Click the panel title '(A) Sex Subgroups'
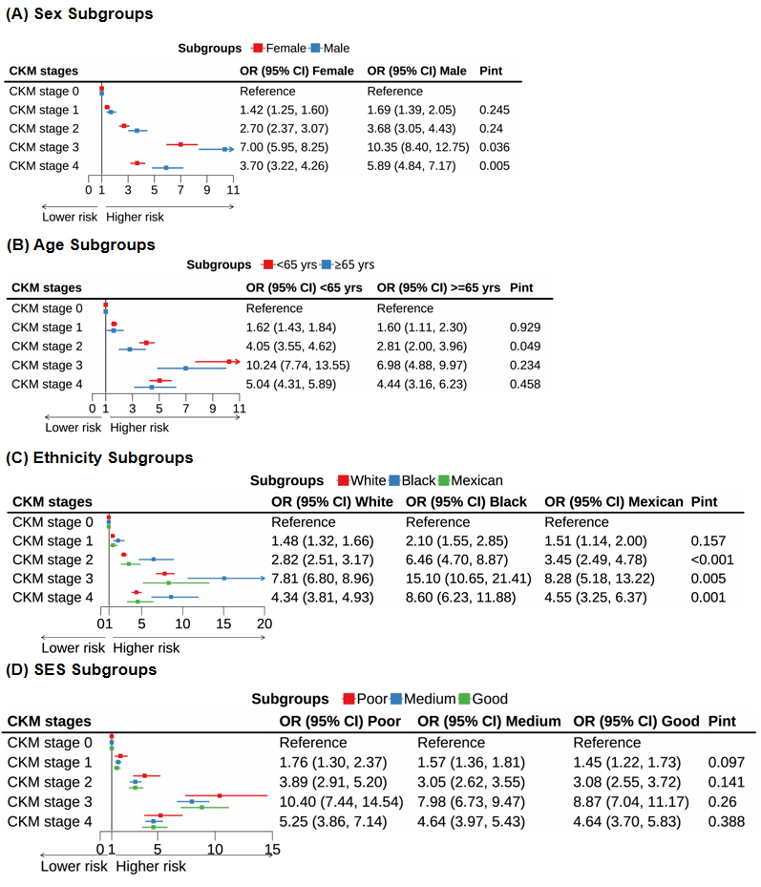pos(79,14)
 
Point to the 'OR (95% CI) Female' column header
pos(296,71)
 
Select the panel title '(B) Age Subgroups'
pos(80,244)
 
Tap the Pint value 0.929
pos(525,327)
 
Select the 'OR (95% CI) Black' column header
pos(468,501)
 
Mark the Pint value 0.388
pos(727,821)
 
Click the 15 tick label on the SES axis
pos(272,848)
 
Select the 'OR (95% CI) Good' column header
pos(636,721)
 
